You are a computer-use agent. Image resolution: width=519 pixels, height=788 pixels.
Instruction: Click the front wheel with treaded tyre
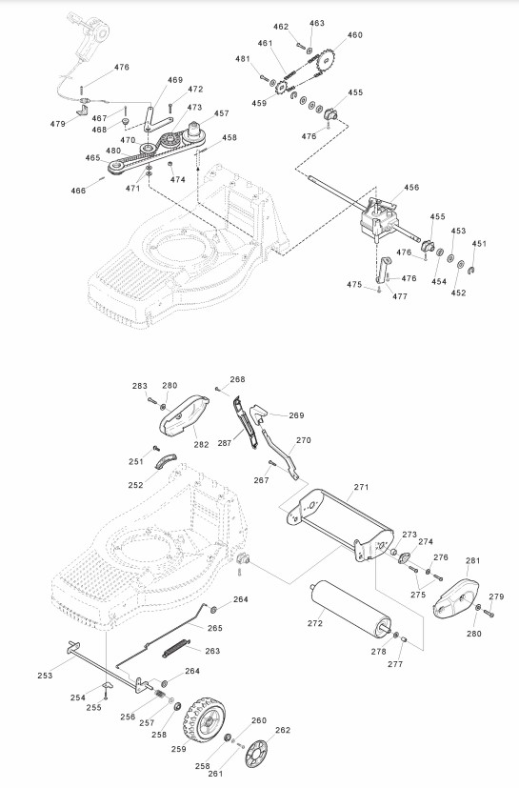click(x=204, y=718)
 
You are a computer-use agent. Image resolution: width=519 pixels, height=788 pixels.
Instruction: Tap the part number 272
click(x=315, y=623)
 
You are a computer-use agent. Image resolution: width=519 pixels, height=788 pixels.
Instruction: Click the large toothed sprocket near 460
click(x=326, y=61)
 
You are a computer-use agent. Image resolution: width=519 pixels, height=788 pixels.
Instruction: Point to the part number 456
click(x=411, y=187)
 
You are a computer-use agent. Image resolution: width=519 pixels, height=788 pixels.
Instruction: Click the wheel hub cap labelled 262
click(x=256, y=754)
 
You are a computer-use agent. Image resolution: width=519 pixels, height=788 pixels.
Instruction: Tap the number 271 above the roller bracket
click(x=361, y=487)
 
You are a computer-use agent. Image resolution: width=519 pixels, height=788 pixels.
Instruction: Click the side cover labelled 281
click(x=456, y=598)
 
